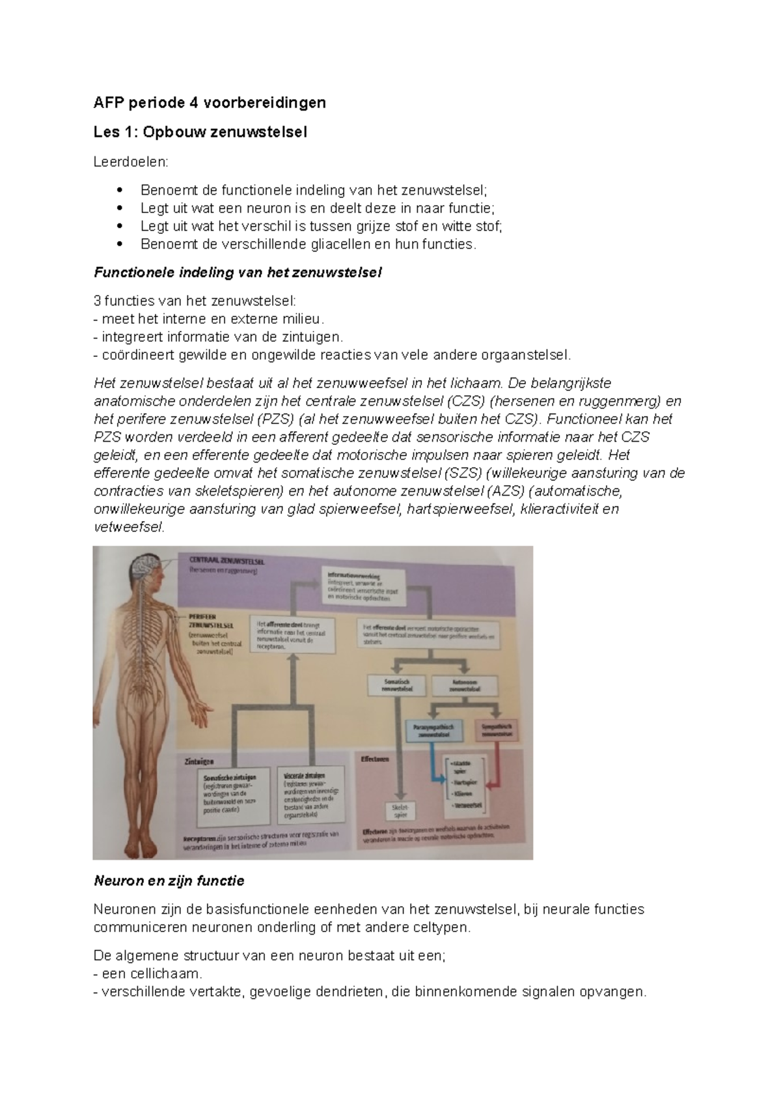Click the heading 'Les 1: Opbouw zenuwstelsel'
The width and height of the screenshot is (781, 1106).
coord(200,132)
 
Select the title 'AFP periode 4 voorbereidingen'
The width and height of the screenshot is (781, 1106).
coord(210,102)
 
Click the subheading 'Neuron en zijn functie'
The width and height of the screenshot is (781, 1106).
coord(169,881)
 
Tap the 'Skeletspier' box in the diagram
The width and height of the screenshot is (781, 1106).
coord(400,810)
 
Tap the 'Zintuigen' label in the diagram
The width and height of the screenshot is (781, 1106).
coord(199,761)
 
